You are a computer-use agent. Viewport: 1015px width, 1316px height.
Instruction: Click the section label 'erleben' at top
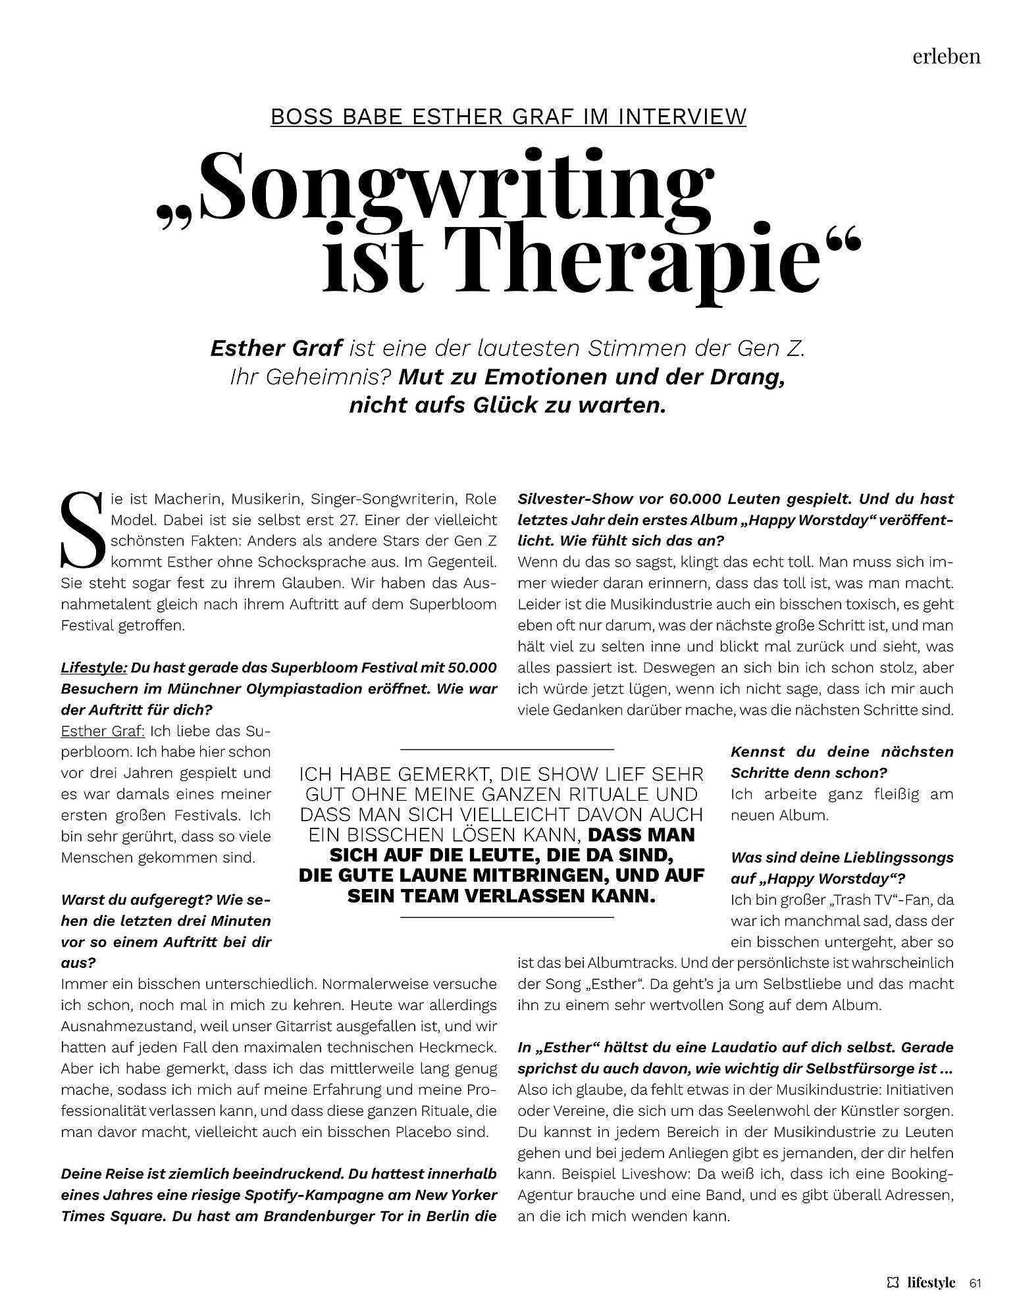click(x=946, y=57)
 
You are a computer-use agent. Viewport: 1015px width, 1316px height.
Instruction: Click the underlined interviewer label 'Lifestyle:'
click(x=93, y=668)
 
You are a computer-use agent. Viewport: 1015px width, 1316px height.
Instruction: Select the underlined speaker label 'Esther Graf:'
click(x=103, y=731)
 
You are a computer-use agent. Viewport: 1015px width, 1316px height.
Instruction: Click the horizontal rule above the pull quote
click(x=507, y=749)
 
